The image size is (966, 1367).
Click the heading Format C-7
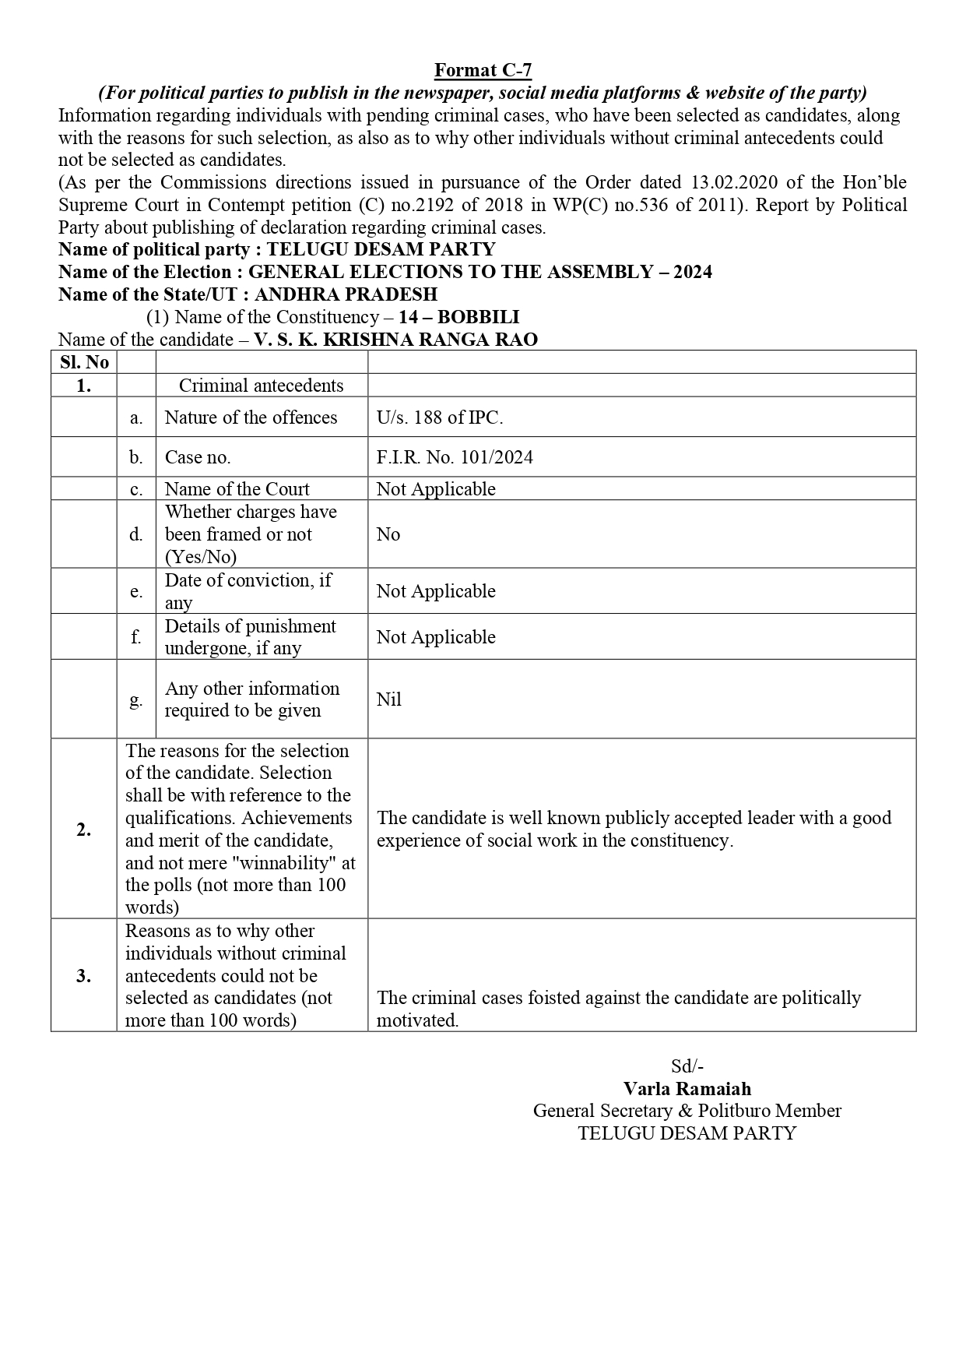tap(483, 70)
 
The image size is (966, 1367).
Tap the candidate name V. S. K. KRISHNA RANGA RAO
tap(395, 340)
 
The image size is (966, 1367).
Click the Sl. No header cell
tap(84, 362)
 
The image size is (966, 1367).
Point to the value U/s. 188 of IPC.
tap(440, 417)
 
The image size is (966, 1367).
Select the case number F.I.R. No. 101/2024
tap(455, 457)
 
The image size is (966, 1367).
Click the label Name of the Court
tap(237, 489)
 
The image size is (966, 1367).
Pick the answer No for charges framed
tap(388, 534)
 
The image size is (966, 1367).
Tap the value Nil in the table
tap(388, 699)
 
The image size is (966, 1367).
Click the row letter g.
tap(136, 699)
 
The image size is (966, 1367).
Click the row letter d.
tap(136, 534)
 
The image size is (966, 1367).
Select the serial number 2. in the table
tap(84, 830)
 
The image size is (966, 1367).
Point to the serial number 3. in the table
tap(84, 976)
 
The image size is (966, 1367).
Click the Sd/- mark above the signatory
tap(687, 1066)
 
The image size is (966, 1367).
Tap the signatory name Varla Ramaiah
tap(687, 1089)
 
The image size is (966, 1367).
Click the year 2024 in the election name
tap(690, 272)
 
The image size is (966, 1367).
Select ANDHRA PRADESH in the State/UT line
tap(346, 294)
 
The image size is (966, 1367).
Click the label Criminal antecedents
tap(261, 386)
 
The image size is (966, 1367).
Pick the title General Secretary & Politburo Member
tap(687, 1111)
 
